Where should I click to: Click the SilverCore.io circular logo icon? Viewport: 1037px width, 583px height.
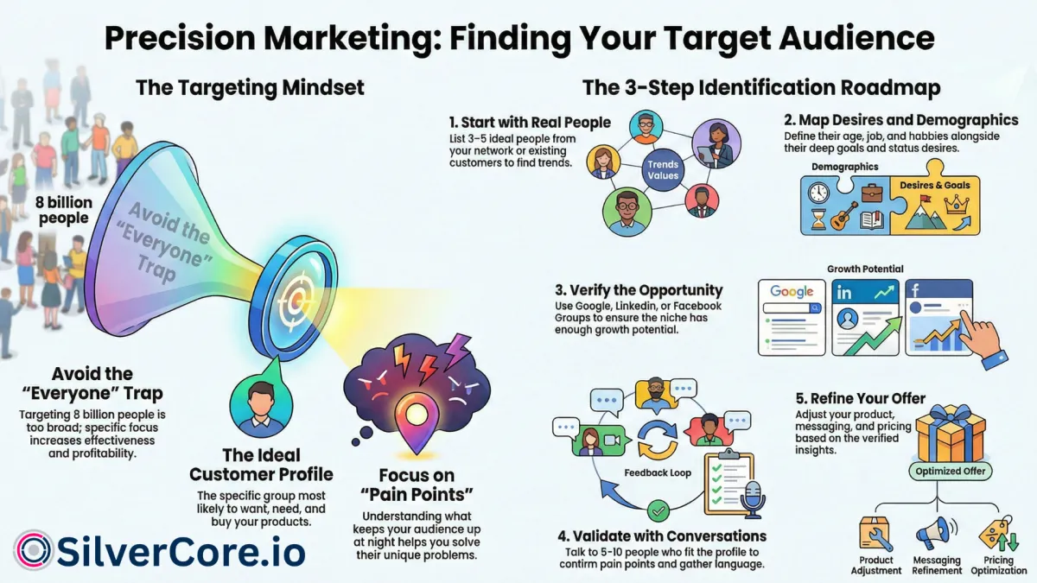[x=34, y=550]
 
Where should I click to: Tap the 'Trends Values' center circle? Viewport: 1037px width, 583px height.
[x=663, y=170]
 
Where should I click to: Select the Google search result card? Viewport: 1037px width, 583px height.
[x=792, y=318]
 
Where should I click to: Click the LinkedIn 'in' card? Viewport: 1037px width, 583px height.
[x=866, y=318]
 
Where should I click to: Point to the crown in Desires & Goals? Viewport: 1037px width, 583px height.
[x=957, y=204]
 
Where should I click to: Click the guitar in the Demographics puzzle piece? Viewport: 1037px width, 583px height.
[x=843, y=216]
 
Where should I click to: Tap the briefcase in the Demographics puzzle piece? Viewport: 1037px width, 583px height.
[x=872, y=193]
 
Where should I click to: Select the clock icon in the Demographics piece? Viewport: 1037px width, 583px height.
[x=818, y=193]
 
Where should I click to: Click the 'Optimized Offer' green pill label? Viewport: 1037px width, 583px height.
[x=950, y=472]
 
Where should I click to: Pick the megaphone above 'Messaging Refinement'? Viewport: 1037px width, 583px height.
[x=936, y=534]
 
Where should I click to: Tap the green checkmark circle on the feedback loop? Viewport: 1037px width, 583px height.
[x=658, y=511]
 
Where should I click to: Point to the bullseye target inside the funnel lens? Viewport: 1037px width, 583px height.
[x=296, y=300]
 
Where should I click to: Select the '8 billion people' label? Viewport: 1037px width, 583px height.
[x=64, y=210]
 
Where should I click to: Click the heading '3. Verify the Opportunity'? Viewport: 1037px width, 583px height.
[x=639, y=290]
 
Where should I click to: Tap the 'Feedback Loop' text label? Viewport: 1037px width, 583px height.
[x=658, y=473]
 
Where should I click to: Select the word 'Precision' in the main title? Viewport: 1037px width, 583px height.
[x=180, y=37]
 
